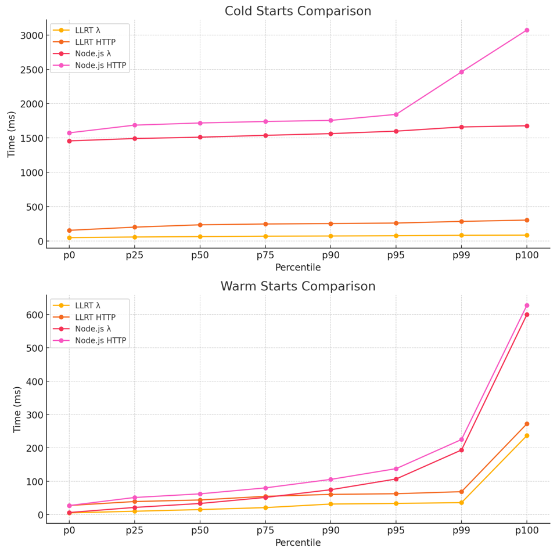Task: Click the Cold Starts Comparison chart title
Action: coord(297,12)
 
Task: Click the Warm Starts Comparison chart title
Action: coord(297,287)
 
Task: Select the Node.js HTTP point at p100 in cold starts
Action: coord(527,30)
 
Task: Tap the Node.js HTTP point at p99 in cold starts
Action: coord(461,72)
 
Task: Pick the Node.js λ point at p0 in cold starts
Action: coord(69,141)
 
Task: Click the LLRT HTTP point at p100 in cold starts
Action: coord(527,220)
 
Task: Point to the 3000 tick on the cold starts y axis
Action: coord(30,35)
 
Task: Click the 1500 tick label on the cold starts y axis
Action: coord(30,138)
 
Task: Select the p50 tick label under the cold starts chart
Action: coord(200,256)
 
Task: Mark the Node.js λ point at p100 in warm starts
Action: coord(527,315)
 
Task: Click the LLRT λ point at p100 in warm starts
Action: coord(527,435)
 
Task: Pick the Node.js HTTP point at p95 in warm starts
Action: coord(396,469)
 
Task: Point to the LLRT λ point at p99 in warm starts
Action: coord(461,503)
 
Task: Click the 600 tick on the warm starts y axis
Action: coord(34,315)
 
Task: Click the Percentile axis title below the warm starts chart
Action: coord(297,543)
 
